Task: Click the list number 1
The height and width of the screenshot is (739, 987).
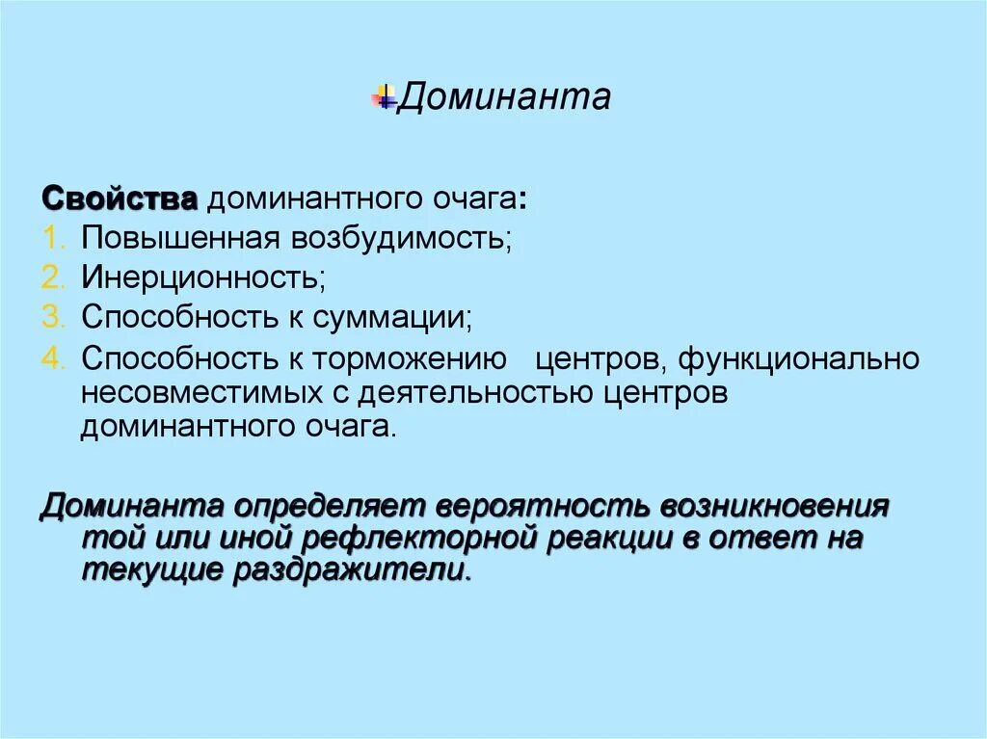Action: tap(52, 238)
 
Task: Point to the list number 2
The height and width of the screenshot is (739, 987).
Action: tap(52, 277)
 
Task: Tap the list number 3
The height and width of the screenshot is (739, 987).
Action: tap(52, 317)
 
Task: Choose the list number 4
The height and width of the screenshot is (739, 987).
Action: tap(52, 359)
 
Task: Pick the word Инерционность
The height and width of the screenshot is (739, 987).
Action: tap(202, 277)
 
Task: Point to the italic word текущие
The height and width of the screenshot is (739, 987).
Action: tap(150, 571)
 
